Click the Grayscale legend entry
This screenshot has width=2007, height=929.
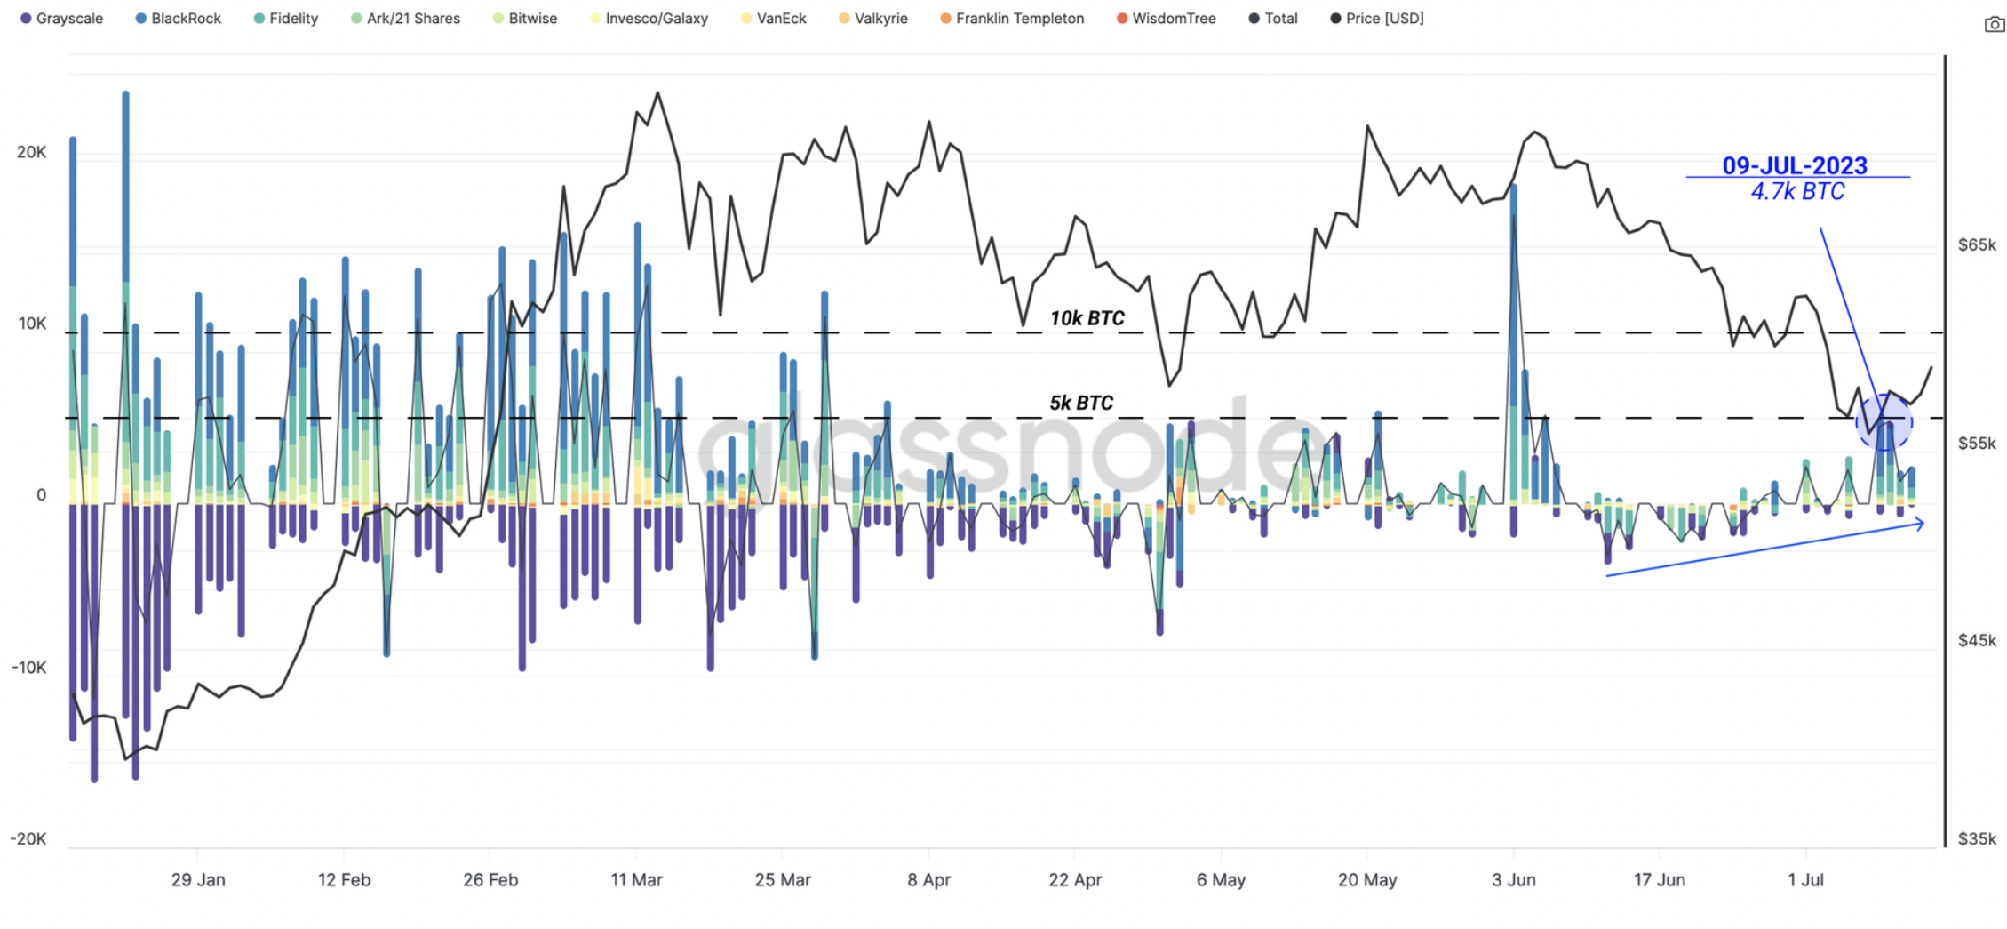point(61,19)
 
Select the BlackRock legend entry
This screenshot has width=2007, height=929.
point(178,19)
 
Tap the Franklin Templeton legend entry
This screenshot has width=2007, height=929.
point(1012,19)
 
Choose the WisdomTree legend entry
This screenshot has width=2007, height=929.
point(1166,19)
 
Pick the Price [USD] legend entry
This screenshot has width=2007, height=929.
point(1377,19)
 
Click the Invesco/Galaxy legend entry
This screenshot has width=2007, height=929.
point(649,19)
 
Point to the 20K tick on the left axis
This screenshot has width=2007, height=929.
point(31,152)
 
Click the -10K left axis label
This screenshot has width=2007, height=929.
point(28,668)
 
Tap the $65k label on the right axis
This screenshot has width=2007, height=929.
point(1977,244)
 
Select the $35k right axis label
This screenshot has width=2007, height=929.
point(1977,838)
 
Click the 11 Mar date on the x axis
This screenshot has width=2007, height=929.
point(636,880)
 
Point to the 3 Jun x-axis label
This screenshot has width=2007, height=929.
point(1513,880)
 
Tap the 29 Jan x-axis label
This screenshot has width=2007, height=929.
point(198,880)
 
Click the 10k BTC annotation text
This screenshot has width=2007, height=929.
point(1087,318)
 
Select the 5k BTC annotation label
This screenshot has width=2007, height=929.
point(1080,403)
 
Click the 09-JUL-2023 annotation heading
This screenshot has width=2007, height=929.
point(1795,165)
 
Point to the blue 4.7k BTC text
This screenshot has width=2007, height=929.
point(1797,191)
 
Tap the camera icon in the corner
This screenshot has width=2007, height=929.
point(1994,25)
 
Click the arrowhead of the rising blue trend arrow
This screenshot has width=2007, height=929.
point(1920,525)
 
